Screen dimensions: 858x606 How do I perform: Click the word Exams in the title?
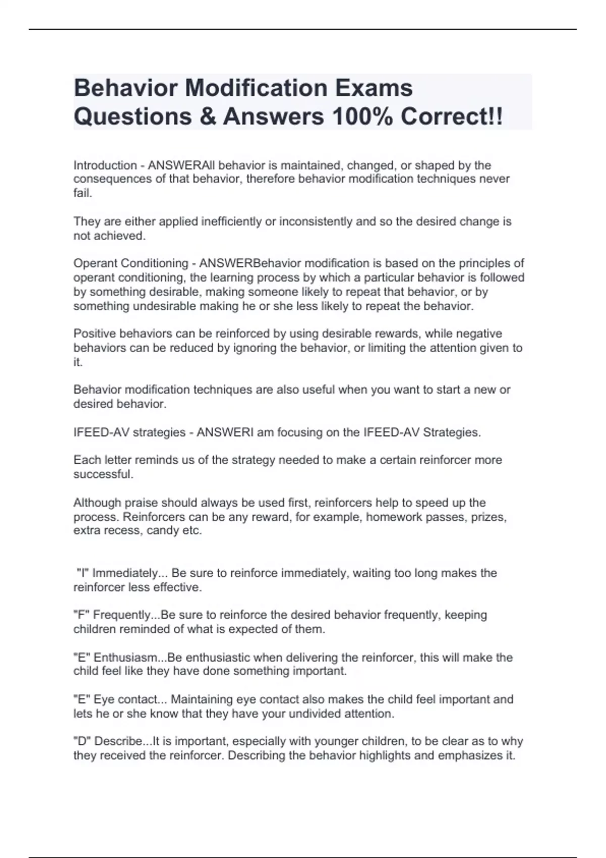(372, 88)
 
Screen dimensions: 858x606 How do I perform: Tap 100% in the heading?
(362, 117)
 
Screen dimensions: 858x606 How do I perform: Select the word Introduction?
(105, 165)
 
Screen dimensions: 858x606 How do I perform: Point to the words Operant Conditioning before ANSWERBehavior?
(130, 263)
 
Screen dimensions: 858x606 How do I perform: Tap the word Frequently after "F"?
(121, 615)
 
